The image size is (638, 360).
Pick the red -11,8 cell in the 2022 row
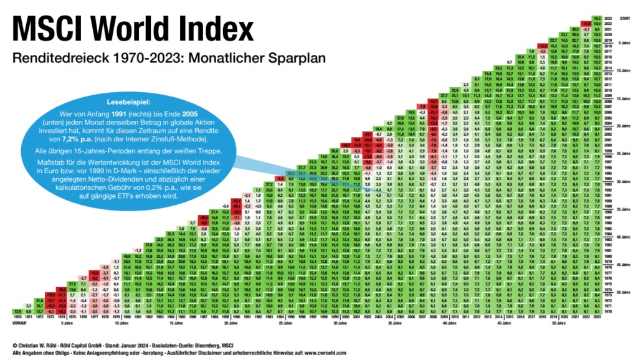tap(586, 24)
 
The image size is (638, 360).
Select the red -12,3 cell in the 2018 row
tap(543, 45)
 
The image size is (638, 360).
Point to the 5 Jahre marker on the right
tap(624, 42)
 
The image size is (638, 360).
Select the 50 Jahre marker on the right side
tap(624, 291)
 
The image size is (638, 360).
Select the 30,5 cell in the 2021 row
tap(576, 29)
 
